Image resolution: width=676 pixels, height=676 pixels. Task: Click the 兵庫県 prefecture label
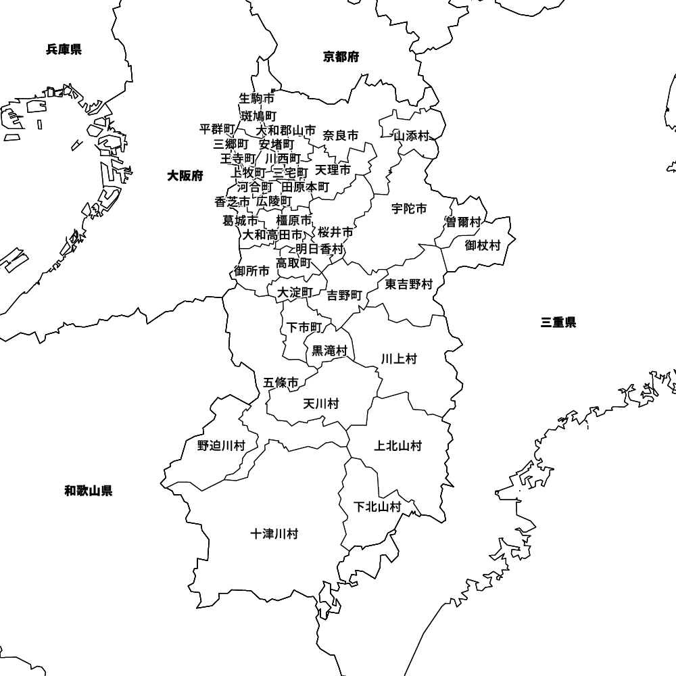tap(64, 49)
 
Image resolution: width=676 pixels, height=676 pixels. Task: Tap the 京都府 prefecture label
tap(341, 57)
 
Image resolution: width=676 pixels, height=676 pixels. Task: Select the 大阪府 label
tap(185, 176)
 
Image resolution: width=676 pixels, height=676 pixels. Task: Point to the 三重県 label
tap(558, 322)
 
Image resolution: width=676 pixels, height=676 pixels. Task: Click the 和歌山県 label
tap(89, 491)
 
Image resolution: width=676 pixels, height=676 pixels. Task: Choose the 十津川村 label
tap(274, 534)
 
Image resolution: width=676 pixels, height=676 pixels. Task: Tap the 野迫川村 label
tap(221, 445)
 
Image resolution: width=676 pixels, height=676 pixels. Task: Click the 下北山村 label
tap(378, 506)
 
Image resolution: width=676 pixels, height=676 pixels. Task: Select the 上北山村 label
tap(398, 445)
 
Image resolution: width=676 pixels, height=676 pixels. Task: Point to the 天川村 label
tap(320, 404)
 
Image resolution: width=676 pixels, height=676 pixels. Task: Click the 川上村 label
tap(399, 359)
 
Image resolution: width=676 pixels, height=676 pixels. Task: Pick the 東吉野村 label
tap(409, 285)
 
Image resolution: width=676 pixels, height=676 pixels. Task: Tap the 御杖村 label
tap(483, 245)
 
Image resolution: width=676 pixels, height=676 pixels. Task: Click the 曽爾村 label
tap(463, 222)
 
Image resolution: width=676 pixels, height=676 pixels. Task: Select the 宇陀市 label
tap(409, 209)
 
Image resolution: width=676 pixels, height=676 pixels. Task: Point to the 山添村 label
tap(412, 136)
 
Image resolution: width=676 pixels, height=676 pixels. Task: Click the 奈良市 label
tap(341, 136)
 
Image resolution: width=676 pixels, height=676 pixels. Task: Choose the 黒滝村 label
tap(329, 351)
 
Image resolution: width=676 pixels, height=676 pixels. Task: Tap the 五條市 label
tap(281, 383)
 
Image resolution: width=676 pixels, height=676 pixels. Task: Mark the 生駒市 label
tap(257, 99)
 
